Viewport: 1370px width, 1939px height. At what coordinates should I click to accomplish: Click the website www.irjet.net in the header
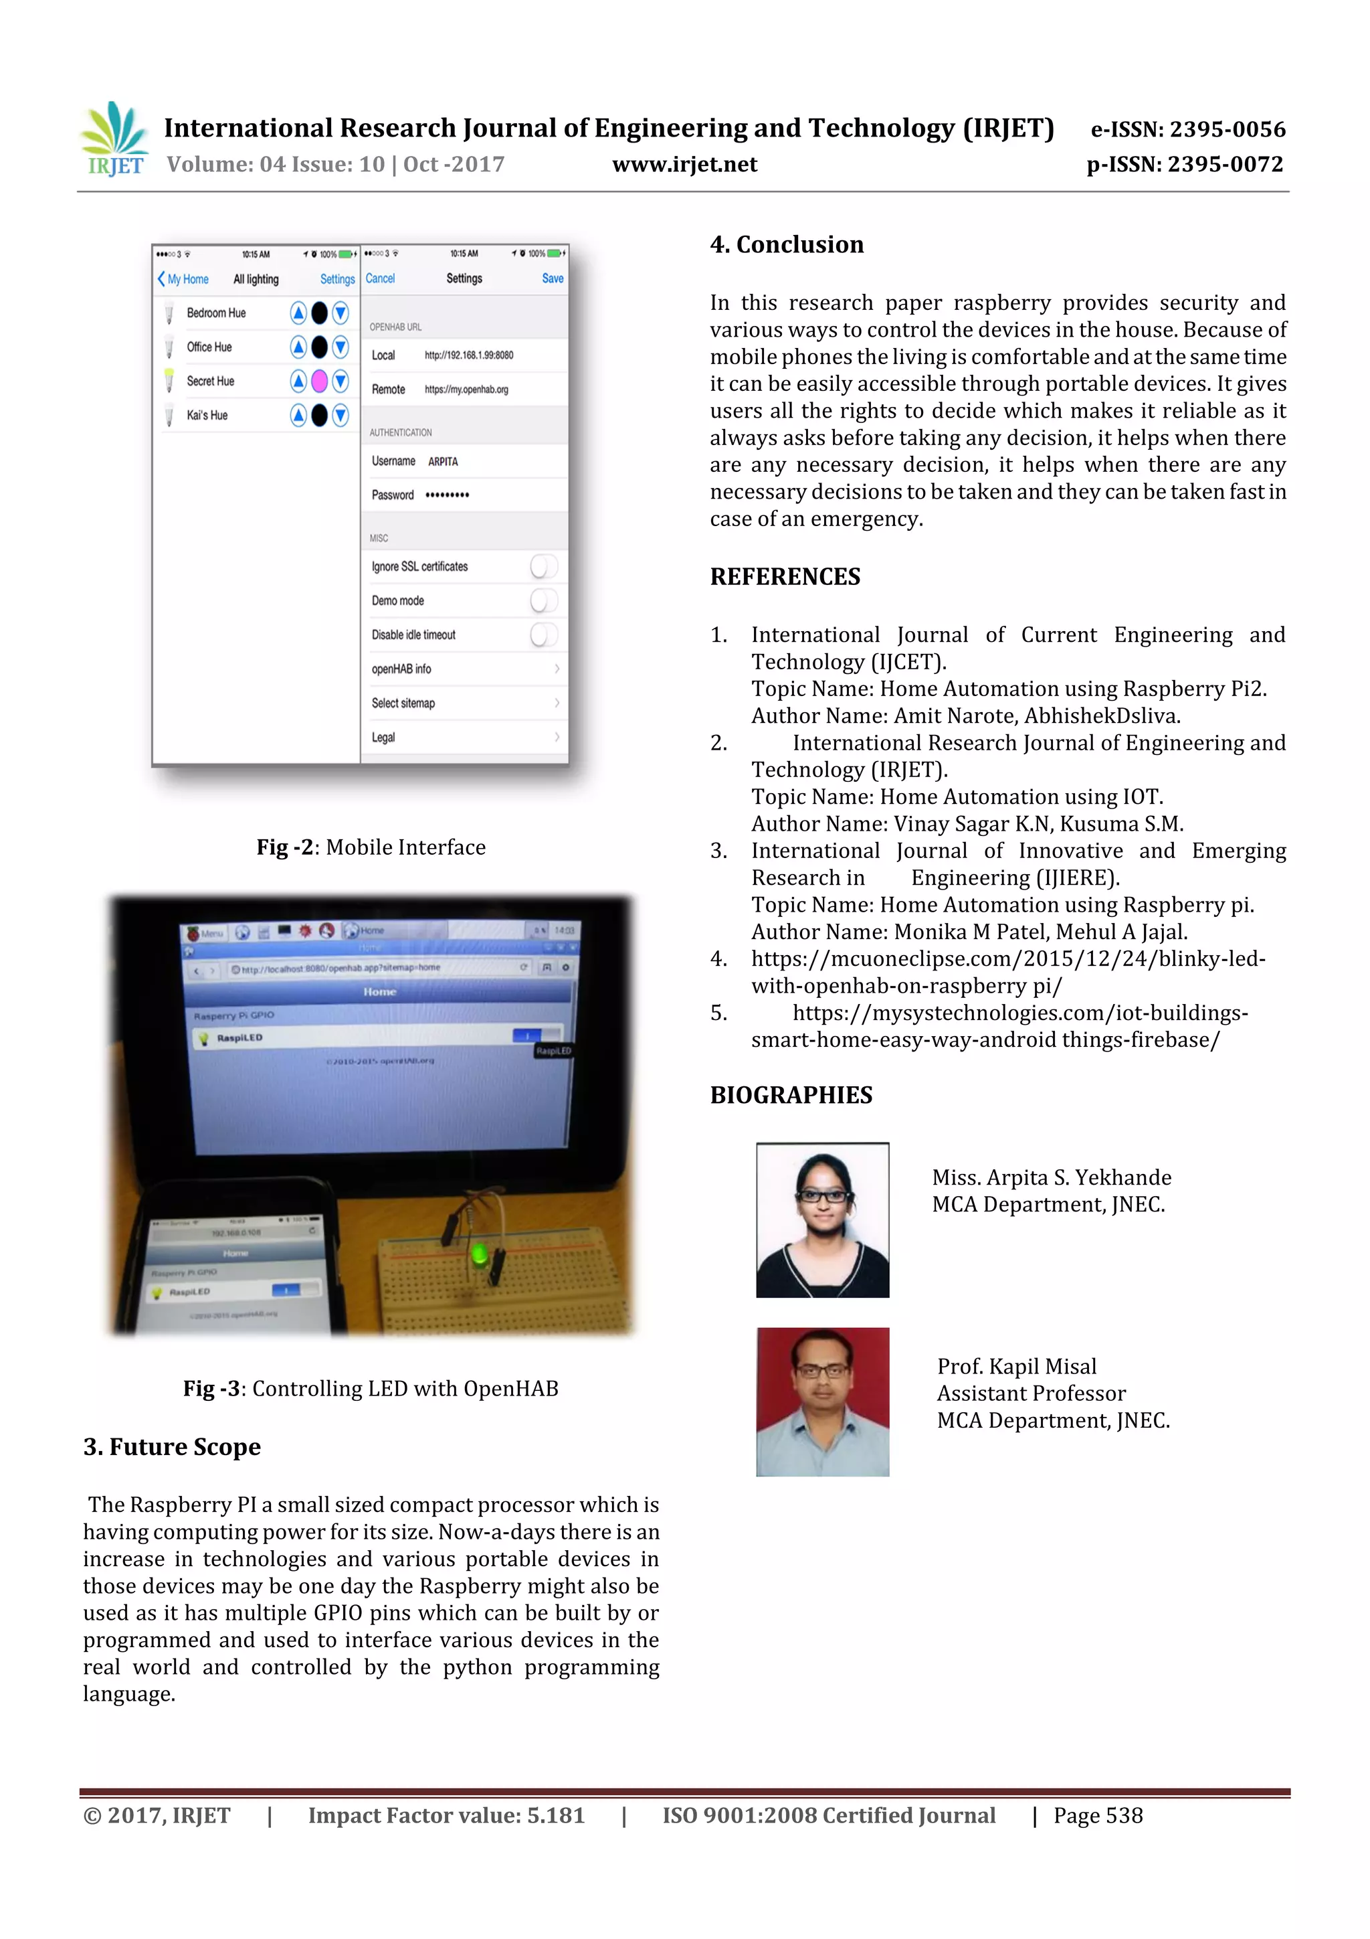(684, 164)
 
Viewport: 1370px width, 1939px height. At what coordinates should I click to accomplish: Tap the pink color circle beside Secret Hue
(319, 382)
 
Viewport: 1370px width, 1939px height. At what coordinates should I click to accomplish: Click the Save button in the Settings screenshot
(552, 278)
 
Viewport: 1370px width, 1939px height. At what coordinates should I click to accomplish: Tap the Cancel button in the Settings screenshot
(380, 278)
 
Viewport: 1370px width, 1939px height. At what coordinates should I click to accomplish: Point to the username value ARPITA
(443, 462)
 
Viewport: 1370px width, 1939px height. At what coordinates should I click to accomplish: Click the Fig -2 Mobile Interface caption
(371, 847)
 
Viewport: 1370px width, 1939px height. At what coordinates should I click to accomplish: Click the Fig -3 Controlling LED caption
(371, 1388)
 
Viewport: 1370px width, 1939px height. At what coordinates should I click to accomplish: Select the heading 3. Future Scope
(172, 1446)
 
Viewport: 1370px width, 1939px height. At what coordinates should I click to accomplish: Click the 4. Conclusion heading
(786, 245)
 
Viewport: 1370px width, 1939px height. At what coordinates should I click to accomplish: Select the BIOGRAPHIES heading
(790, 1096)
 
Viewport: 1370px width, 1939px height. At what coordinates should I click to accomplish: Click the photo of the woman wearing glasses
(822, 1219)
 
